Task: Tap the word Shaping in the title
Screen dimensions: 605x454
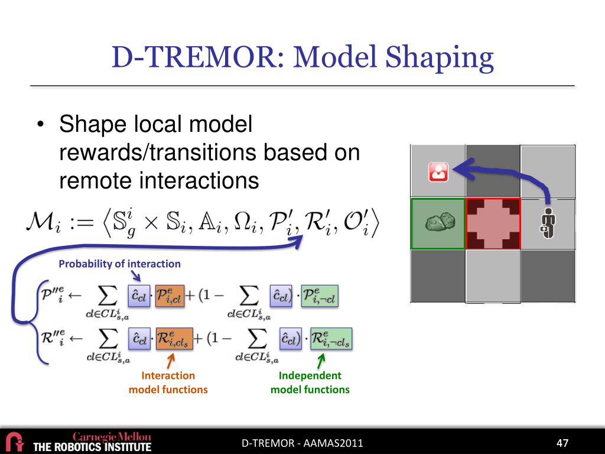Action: pyautogui.click(x=440, y=58)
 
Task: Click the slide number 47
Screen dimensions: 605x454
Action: pyautogui.click(x=562, y=443)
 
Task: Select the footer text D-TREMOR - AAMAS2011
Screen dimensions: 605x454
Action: pyautogui.click(x=302, y=443)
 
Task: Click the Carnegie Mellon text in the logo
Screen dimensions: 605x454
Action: pyautogui.click(x=112, y=437)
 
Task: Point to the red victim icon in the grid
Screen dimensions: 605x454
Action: pyautogui.click(x=438, y=172)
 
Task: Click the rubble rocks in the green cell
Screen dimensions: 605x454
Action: pyautogui.click(x=440, y=222)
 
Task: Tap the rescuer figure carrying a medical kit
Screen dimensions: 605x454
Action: pyautogui.click(x=548, y=223)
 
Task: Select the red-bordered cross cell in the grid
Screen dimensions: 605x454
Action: pyautogui.click(x=493, y=223)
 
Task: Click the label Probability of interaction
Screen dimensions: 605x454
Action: pyautogui.click(x=119, y=264)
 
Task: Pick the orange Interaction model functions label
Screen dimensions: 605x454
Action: pyautogui.click(x=168, y=382)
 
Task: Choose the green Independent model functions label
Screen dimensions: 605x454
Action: pyautogui.click(x=310, y=382)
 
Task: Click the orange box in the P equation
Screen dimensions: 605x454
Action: pyautogui.click(x=170, y=296)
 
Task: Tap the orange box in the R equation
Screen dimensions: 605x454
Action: pyautogui.click(x=174, y=339)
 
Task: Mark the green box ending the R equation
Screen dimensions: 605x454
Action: pyautogui.click(x=331, y=339)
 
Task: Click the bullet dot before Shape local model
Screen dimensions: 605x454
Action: pyautogui.click(x=40, y=125)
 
